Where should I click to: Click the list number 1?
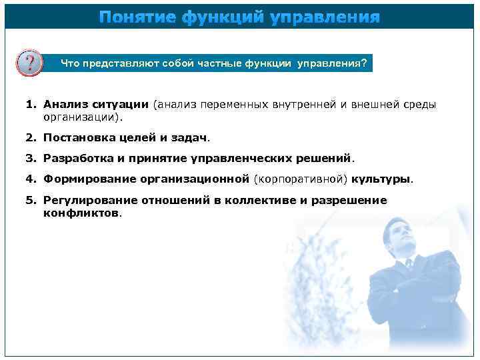tap(30, 105)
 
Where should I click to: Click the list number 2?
tap(30, 138)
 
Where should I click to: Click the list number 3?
tap(30, 159)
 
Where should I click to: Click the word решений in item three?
tap(326, 159)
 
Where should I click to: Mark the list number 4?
tap(30, 179)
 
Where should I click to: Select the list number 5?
tap(30, 200)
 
